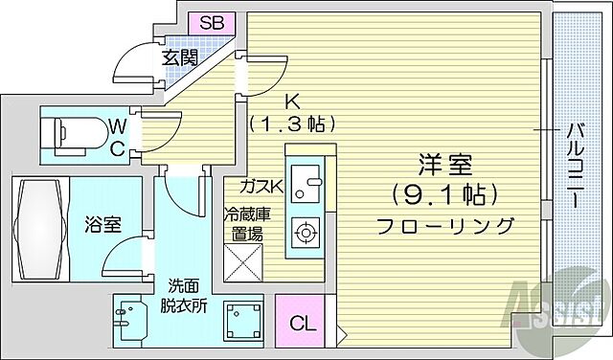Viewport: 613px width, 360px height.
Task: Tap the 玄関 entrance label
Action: (x=180, y=56)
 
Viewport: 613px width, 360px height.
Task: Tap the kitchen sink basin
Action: (x=307, y=181)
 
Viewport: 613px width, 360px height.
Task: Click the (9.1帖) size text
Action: (x=444, y=195)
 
